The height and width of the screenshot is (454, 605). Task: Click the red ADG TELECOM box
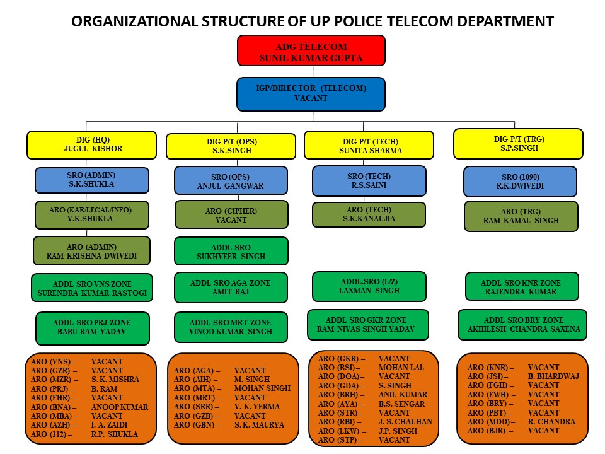[311, 50]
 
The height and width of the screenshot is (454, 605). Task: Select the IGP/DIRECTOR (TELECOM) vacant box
[311, 94]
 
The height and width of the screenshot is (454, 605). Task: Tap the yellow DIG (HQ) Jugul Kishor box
[92, 145]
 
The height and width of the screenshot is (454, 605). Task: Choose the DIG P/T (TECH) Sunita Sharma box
[369, 145]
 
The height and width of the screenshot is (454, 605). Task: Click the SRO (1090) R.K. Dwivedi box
[520, 182]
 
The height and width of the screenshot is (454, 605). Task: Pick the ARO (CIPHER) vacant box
[231, 214]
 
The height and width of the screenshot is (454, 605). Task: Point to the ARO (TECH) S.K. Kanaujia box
[369, 214]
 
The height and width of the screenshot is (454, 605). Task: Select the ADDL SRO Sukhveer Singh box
[231, 251]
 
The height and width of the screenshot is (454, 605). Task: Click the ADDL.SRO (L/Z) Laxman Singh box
[369, 286]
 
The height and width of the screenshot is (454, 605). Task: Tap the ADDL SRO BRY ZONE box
[522, 325]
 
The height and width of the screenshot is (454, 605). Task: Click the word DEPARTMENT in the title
[505, 21]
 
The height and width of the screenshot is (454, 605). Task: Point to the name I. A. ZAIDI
[109, 425]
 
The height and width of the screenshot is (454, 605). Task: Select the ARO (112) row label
[51, 434]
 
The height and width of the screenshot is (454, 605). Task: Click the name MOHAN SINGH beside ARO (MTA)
[262, 388]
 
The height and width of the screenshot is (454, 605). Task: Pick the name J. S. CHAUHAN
[405, 422]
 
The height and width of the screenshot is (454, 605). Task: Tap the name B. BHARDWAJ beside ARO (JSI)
[553, 376]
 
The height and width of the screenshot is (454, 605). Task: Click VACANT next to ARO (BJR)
[543, 431]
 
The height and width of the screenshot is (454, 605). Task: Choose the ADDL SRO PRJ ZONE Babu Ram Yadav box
[93, 328]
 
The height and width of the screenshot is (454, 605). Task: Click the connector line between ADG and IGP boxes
[313, 72]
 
